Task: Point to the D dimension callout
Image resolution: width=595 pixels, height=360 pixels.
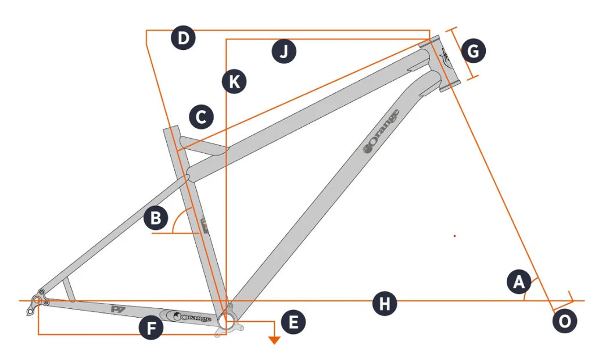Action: (x=183, y=39)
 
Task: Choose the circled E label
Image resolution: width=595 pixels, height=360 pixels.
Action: (x=293, y=322)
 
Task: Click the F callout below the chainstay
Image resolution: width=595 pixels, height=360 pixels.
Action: (x=152, y=329)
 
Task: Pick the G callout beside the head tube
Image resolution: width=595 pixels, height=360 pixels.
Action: (x=473, y=52)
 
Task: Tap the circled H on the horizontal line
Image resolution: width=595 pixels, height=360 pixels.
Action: (x=384, y=304)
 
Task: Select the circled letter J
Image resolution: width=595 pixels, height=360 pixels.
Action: (x=284, y=52)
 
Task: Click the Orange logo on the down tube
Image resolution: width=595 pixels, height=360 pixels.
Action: (x=381, y=131)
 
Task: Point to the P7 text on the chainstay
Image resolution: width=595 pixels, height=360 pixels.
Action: (x=119, y=309)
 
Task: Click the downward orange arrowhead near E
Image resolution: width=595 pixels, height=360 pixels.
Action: (x=274, y=340)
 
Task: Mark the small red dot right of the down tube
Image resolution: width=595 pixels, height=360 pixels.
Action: (x=454, y=236)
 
